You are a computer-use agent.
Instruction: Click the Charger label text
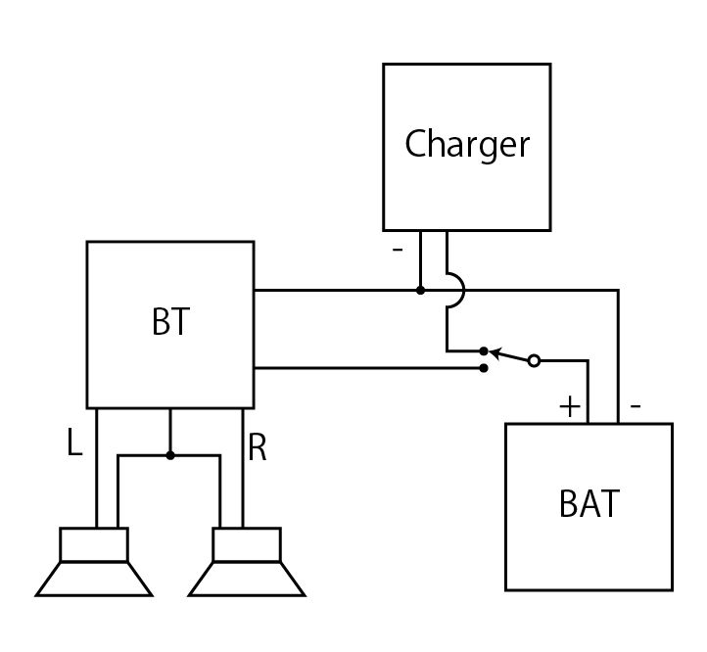467,145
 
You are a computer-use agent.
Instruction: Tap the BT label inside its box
170,323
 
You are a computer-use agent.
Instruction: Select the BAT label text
589,504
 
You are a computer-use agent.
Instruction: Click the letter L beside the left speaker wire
74,445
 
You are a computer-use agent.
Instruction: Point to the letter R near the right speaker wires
258,448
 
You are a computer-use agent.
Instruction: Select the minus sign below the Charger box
397,250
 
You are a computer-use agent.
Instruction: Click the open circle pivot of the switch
534,360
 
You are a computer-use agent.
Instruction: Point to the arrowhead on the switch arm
495,350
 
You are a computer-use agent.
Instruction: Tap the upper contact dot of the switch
484,349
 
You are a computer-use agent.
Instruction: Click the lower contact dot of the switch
484,368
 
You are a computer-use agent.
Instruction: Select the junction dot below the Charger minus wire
420,291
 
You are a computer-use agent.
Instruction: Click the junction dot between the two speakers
170,455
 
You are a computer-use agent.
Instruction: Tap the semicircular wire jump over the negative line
455,291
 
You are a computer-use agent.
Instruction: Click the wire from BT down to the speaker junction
170,432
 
